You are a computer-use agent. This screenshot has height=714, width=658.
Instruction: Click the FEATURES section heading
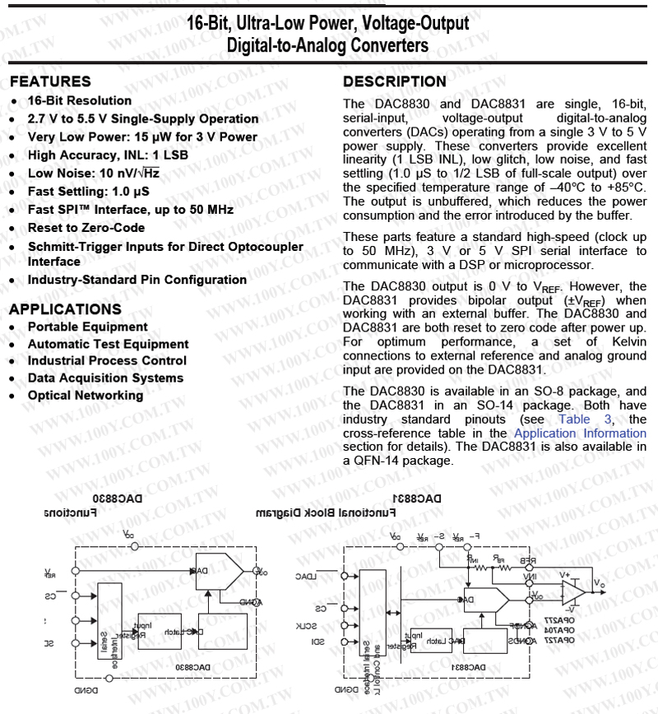[50, 81]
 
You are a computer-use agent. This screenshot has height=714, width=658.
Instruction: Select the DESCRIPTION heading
[395, 81]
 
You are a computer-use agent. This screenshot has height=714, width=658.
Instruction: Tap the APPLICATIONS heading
[65, 309]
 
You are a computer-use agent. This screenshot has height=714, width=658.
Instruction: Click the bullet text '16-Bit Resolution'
[80, 100]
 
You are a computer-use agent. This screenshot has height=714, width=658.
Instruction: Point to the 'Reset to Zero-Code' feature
[86, 227]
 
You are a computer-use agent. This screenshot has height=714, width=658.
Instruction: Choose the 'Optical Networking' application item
[86, 395]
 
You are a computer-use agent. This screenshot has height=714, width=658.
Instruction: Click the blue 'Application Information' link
[580, 433]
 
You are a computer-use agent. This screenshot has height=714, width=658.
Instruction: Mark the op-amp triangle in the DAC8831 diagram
[572, 591]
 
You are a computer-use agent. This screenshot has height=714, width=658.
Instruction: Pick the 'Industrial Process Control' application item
[107, 360]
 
